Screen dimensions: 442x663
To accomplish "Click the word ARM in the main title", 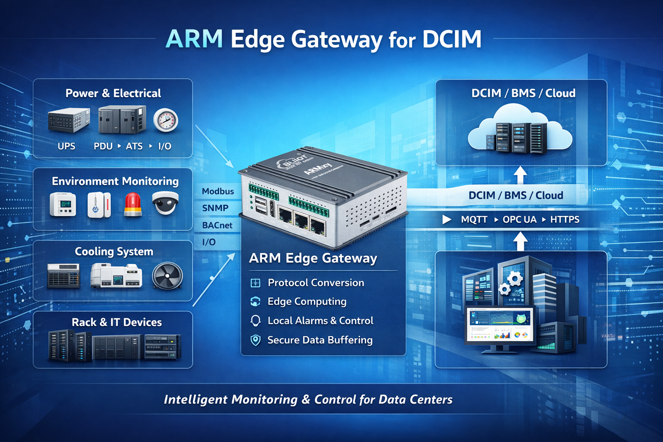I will click(194, 39).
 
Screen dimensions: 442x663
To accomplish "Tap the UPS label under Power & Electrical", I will click(66, 146).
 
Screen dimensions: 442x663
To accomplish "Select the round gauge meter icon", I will click(166, 120).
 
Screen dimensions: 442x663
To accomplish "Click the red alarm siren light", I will click(133, 204).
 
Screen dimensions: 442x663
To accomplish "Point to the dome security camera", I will click(165, 203).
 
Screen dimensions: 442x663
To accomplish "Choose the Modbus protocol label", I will click(218, 191).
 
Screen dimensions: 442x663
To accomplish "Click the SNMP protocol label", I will click(215, 208).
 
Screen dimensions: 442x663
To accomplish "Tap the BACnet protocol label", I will click(217, 225).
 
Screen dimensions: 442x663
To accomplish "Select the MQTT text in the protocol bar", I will click(474, 220).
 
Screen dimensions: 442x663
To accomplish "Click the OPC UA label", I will click(519, 220).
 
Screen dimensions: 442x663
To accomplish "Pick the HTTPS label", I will click(565, 220).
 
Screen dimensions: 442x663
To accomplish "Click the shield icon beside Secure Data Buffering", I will click(256, 340).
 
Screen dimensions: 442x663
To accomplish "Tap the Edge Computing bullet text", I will click(307, 301).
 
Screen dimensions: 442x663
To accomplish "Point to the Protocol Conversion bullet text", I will click(316, 283).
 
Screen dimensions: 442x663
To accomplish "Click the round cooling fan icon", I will click(167, 276).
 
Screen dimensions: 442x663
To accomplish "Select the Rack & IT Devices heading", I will click(117, 322).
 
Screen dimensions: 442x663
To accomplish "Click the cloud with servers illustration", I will click(520, 129).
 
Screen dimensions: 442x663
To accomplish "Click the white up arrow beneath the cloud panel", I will click(521, 175).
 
